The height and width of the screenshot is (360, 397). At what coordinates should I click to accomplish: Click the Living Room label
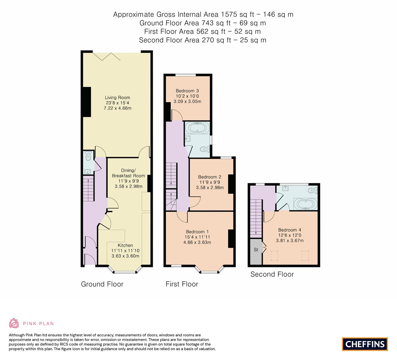(x=117, y=97)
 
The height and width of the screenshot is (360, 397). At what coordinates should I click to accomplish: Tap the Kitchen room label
(x=125, y=245)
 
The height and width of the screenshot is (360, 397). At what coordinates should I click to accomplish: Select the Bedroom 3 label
(x=187, y=91)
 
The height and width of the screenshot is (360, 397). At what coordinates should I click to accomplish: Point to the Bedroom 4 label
(x=290, y=230)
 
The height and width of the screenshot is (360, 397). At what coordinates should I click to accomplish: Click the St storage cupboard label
(x=256, y=250)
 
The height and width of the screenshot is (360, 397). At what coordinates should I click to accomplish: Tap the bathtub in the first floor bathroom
(x=197, y=128)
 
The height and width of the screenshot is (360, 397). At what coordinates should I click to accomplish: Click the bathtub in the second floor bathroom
(x=305, y=204)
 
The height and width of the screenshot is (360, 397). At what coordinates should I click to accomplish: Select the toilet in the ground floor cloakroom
(x=88, y=156)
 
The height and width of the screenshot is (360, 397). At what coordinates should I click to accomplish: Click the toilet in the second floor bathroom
(x=312, y=190)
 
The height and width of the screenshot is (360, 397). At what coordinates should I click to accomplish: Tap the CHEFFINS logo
(x=365, y=344)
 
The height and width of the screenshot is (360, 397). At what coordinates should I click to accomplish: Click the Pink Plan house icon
(x=14, y=323)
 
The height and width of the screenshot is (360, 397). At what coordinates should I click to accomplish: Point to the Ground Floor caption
(x=102, y=284)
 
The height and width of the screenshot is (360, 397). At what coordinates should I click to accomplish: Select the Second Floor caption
(x=272, y=274)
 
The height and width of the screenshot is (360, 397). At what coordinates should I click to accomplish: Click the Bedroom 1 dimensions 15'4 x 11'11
(x=197, y=237)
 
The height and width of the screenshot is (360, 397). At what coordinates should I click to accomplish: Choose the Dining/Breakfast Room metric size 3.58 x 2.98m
(x=129, y=186)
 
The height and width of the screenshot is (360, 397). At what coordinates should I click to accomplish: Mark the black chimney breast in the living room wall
(x=87, y=102)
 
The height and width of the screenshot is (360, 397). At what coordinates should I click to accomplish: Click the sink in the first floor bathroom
(x=188, y=138)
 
